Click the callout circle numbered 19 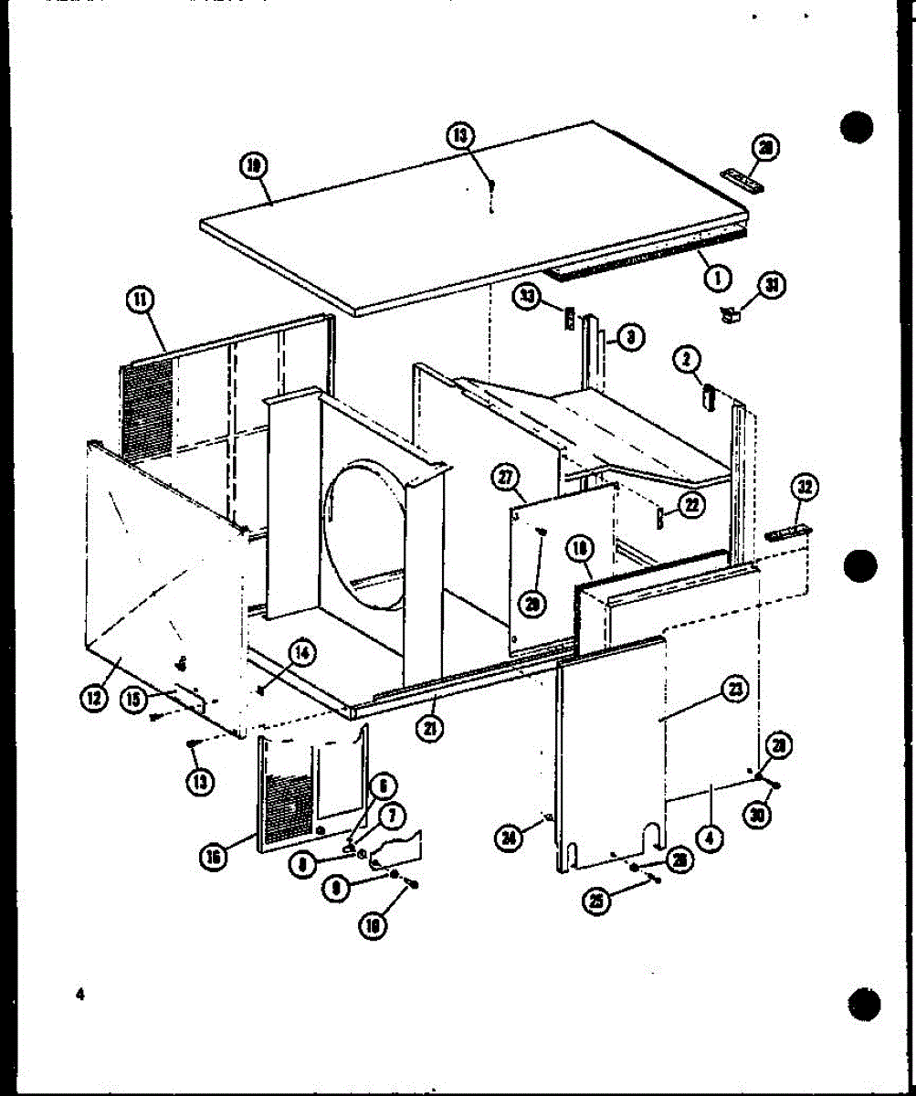click(254, 165)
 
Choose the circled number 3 click(631, 337)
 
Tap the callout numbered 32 click(805, 487)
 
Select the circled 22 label click(693, 505)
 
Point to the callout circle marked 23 click(732, 691)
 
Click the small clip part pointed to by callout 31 click(730, 315)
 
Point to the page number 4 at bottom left click(81, 995)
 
